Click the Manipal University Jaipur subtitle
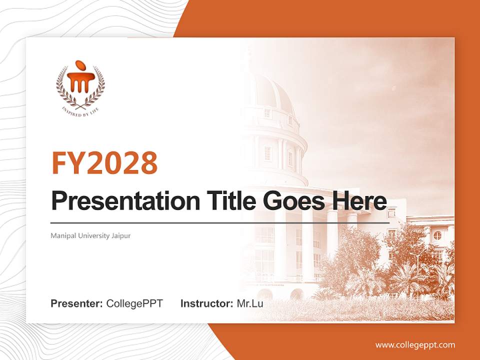point(90,235)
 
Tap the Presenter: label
point(77,303)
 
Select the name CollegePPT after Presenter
point(134,303)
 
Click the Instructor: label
point(206,303)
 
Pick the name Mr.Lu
point(249,303)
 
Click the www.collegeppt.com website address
point(415,344)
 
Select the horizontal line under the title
point(220,222)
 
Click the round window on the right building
point(437,235)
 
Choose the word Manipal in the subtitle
point(61,235)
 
